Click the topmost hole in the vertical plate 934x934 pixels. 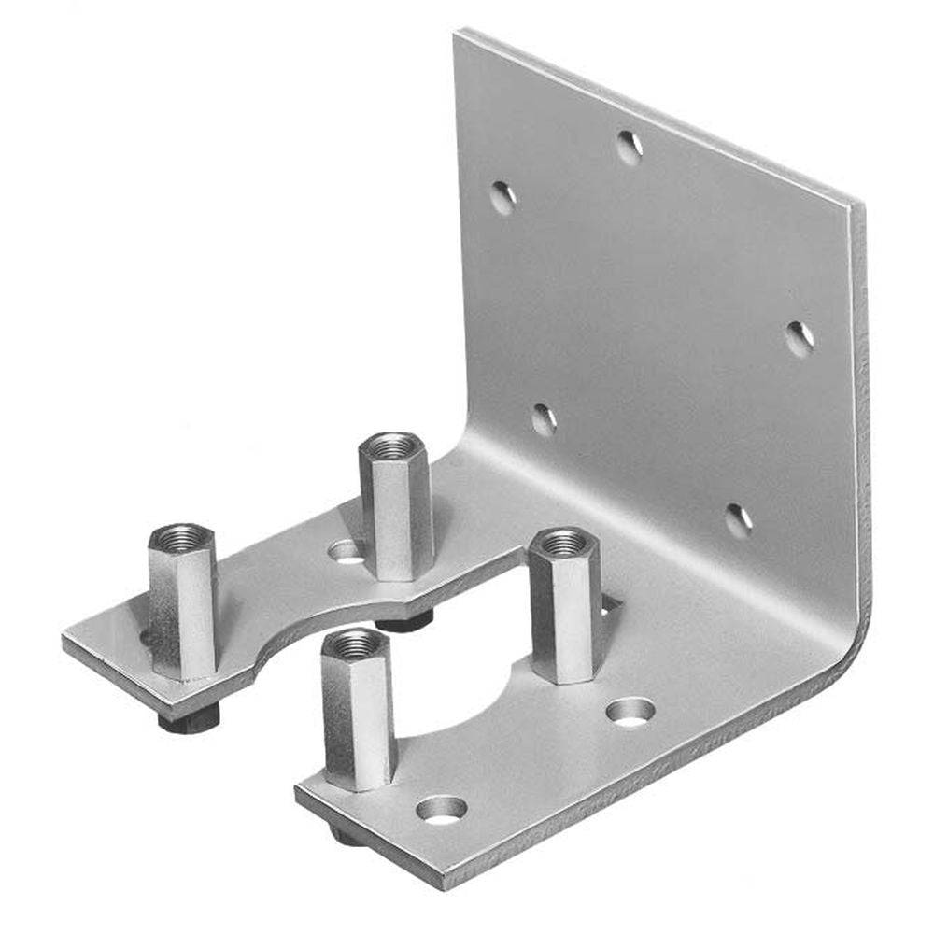(630, 146)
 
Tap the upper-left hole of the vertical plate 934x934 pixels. (502, 197)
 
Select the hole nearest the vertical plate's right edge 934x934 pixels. (799, 338)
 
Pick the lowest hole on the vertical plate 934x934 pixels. (738, 520)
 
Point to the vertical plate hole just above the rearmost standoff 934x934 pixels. (544, 419)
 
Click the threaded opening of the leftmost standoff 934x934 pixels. (181, 537)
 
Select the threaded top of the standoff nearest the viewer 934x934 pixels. (356, 643)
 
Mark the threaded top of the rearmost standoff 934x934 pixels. (393, 445)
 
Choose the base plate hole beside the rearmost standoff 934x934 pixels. (346, 551)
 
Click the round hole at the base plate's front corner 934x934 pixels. (442, 808)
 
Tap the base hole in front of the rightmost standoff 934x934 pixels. (630, 712)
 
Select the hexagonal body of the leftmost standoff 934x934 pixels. (183, 607)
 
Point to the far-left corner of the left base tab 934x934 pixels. (65, 639)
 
